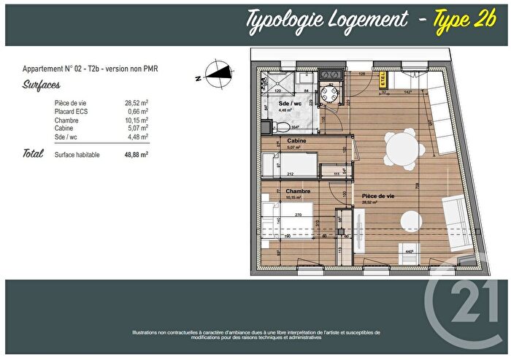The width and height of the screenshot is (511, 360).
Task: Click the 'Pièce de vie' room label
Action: pyautogui.click(x=380, y=196)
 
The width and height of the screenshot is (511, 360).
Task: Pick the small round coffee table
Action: pyautogui.click(x=410, y=217)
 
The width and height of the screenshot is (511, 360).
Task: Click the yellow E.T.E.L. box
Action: pyautogui.click(x=383, y=83)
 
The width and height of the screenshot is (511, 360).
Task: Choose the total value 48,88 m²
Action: pyautogui.click(x=134, y=155)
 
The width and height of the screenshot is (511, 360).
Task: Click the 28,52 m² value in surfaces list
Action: pyautogui.click(x=136, y=104)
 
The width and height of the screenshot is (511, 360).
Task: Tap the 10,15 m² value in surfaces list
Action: pyautogui.click(x=136, y=120)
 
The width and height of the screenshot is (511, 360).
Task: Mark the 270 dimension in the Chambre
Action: pyautogui.click(x=297, y=216)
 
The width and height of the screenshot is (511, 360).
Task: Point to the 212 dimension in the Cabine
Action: pyautogui.click(x=290, y=174)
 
